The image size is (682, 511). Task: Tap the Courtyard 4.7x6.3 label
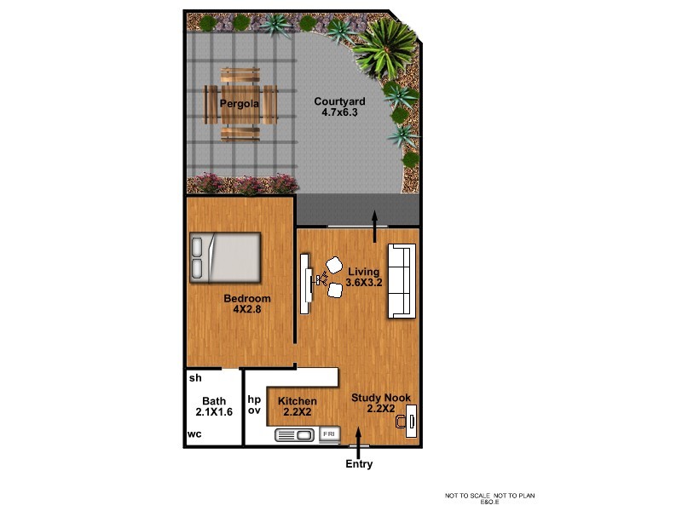[x=338, y=107]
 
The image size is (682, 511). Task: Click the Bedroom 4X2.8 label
[x=247, y=303]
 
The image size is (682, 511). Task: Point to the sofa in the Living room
[x=401, y=281]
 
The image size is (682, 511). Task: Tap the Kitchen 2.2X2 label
[x=298, y=406]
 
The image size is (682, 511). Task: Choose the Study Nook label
[x=381, y=402]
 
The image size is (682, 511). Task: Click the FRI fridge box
[x=329, y=434]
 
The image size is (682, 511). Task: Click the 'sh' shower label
[x=195, y=377]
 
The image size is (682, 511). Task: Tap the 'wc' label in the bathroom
[x=195, y=434]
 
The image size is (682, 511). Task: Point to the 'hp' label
[x=253, y=398]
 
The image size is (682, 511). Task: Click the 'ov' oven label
[x=253, y=411]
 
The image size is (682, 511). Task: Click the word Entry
[x=359, y=464]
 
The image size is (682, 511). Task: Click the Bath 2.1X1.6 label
[x=214, y=406]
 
